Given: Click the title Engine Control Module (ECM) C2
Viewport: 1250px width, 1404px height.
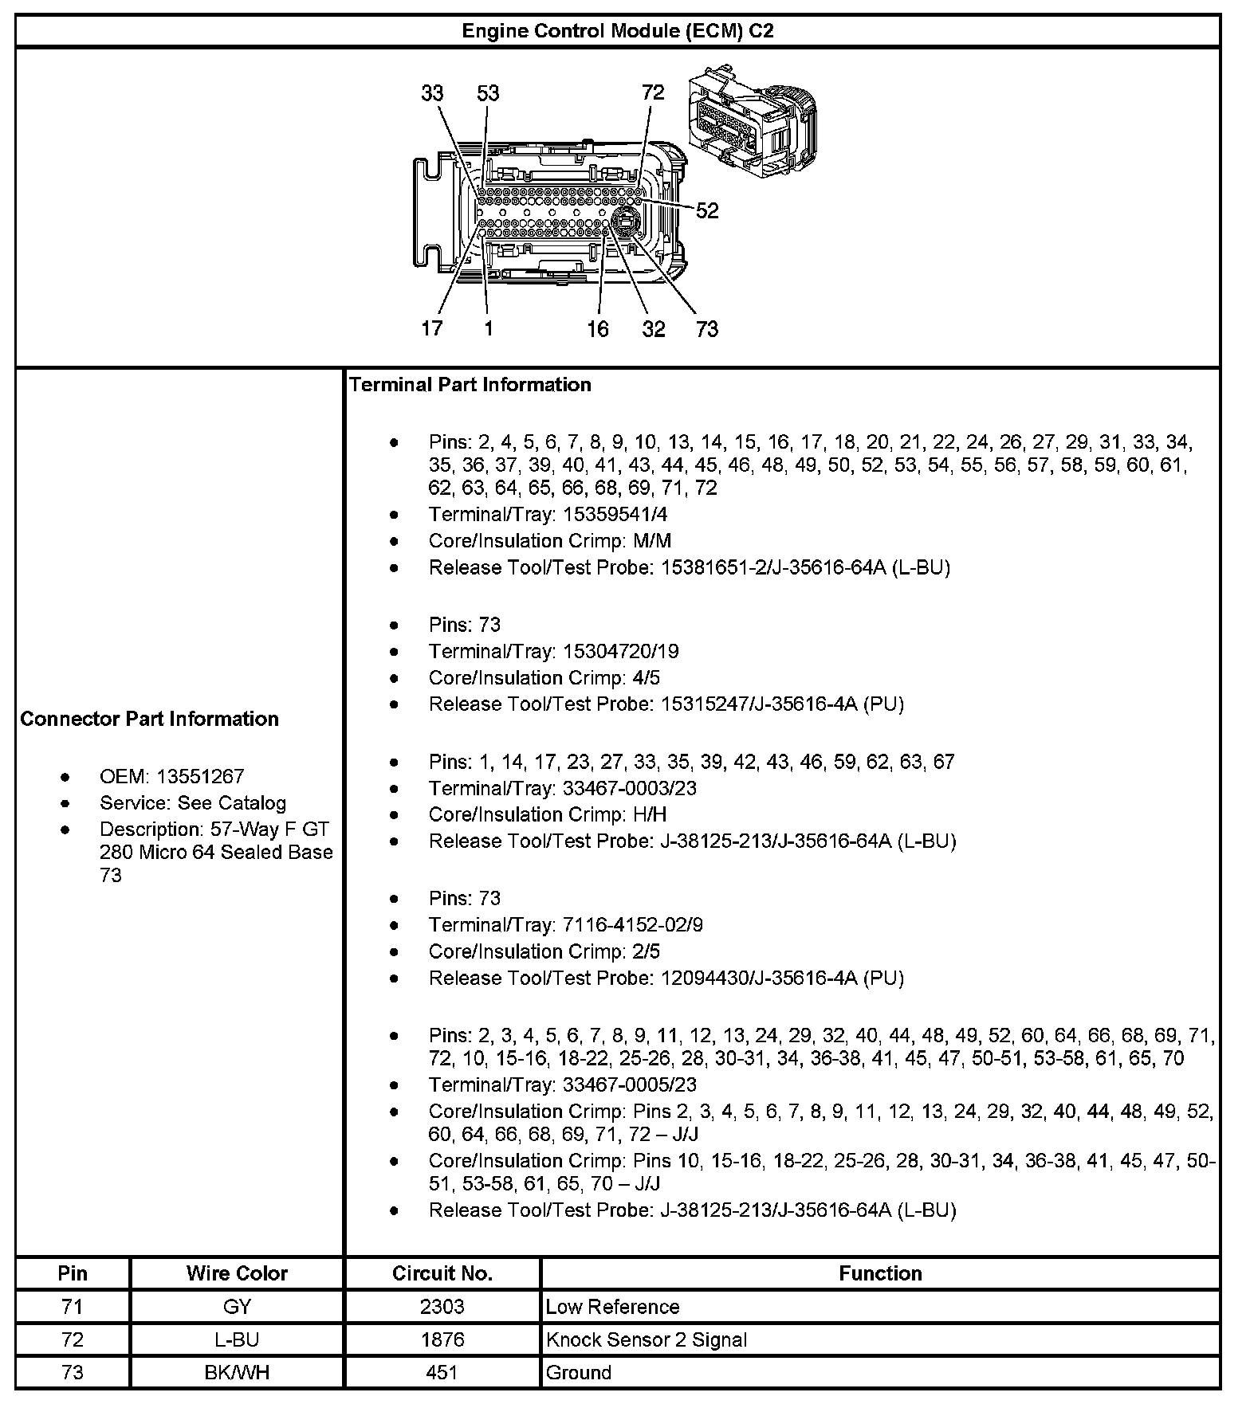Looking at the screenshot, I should pyautogui.click(x=618, y=31).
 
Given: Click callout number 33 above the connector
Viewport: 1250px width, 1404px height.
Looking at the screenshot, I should pyautogui.click(x=432, y=93).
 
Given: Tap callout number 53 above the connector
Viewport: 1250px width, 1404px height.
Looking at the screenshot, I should pyautogui.click(x=488, y=93).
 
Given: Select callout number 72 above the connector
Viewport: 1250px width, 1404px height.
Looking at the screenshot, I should pyautogui.click(x=653, y=92).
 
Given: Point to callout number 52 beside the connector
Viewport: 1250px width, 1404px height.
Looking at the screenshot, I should pyautogui.click(x=707, y=210).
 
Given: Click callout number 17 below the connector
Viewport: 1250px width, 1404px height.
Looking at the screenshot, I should pyautogui.click(x=432, y=328).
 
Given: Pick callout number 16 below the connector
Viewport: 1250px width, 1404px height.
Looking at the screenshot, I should pyautogui.click(x=598, y=329).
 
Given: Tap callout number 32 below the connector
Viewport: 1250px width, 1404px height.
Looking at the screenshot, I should pyautogui.click(x=654, y=329).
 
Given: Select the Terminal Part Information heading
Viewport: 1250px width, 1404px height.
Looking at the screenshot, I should pyautogui.click(x=470, y=385).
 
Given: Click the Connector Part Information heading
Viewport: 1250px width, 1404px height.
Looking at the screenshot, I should pyautogui.click(x=150, y=719).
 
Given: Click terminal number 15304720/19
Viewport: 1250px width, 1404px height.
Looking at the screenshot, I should pyautogui.click(x=621, y=652).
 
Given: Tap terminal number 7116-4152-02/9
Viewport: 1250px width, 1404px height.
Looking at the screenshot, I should pyautogui.click(x=633, y=925).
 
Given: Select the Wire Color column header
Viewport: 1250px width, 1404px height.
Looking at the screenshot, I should pyautogui.click(x=237, y=1273).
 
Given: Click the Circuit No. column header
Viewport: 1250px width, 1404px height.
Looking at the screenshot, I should pyautogui.click(x=442, y=1273).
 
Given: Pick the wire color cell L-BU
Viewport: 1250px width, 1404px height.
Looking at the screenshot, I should pyautogui.click(x=237, y=1339).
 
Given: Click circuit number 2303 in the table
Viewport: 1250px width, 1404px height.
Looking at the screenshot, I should pyautogui.click(x=442, y=1307).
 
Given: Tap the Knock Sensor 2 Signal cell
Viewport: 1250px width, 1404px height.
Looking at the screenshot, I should pyautogui.click(x=647, y=1339).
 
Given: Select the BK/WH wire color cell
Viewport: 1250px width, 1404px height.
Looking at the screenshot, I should pyautogui.click(x=237, y=1373).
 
